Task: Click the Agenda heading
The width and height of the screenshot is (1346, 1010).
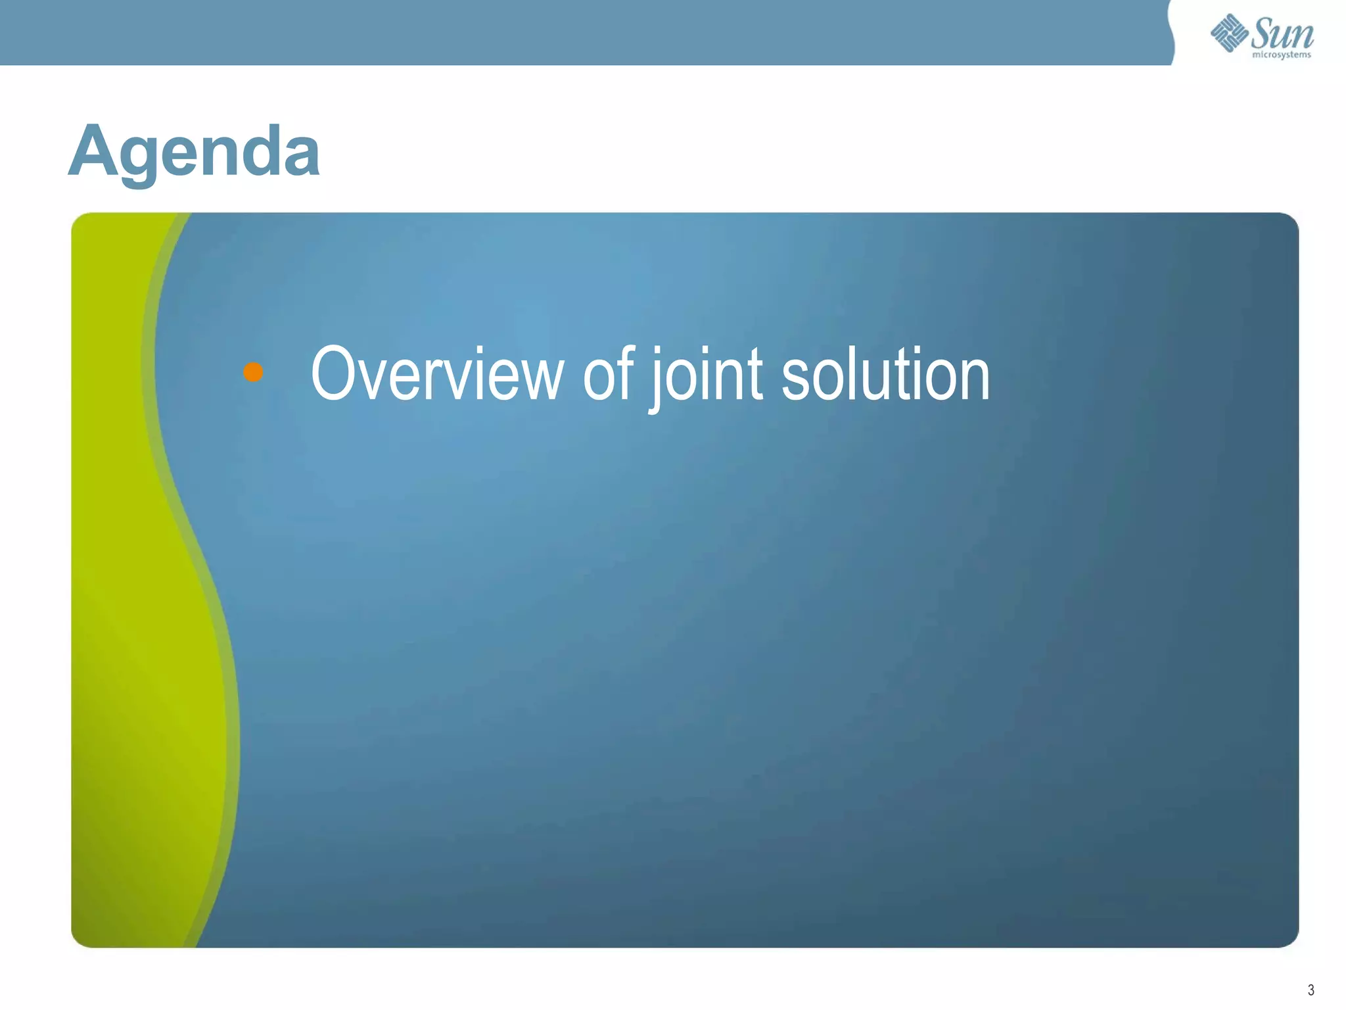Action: (195, 151)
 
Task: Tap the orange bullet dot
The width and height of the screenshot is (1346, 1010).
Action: (253, 372)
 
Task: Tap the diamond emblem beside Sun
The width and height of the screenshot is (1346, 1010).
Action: (1229, 33)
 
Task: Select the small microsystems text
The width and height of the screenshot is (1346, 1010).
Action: (1282, 55)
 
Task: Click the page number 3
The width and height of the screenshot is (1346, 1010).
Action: (1311, 990)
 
